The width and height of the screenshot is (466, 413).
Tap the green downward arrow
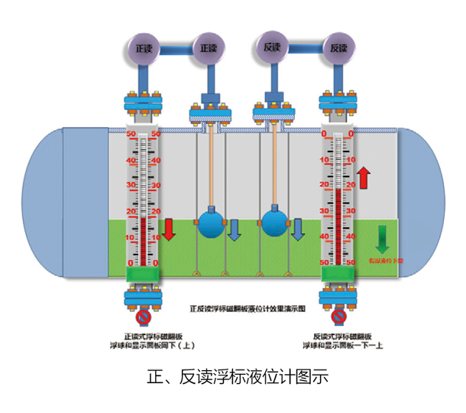(x=381, y=239)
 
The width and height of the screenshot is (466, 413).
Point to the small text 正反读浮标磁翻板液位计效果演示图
(x=237, y=311)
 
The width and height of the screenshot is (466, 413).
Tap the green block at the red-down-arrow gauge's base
(x=143, y=275)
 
